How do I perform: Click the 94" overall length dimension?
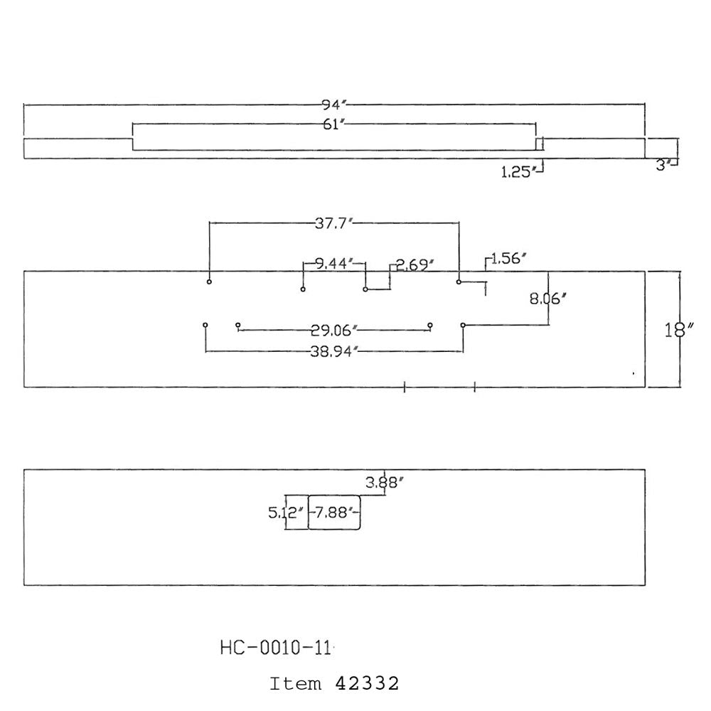[334, 105]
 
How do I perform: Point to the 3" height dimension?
[663, 166]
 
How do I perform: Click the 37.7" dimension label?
[333, 223]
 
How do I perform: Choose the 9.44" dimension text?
[333, 264]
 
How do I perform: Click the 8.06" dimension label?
[547, 299]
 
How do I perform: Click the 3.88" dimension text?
[385, 483]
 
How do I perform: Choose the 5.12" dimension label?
[285, 513]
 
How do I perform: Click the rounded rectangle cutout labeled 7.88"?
[334, 496]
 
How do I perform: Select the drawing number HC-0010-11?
[276, 648]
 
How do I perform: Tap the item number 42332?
[367, 683]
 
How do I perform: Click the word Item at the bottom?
[295, 684]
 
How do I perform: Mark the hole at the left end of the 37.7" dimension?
[209, 282]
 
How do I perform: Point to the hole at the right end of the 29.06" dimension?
[430, 325]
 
